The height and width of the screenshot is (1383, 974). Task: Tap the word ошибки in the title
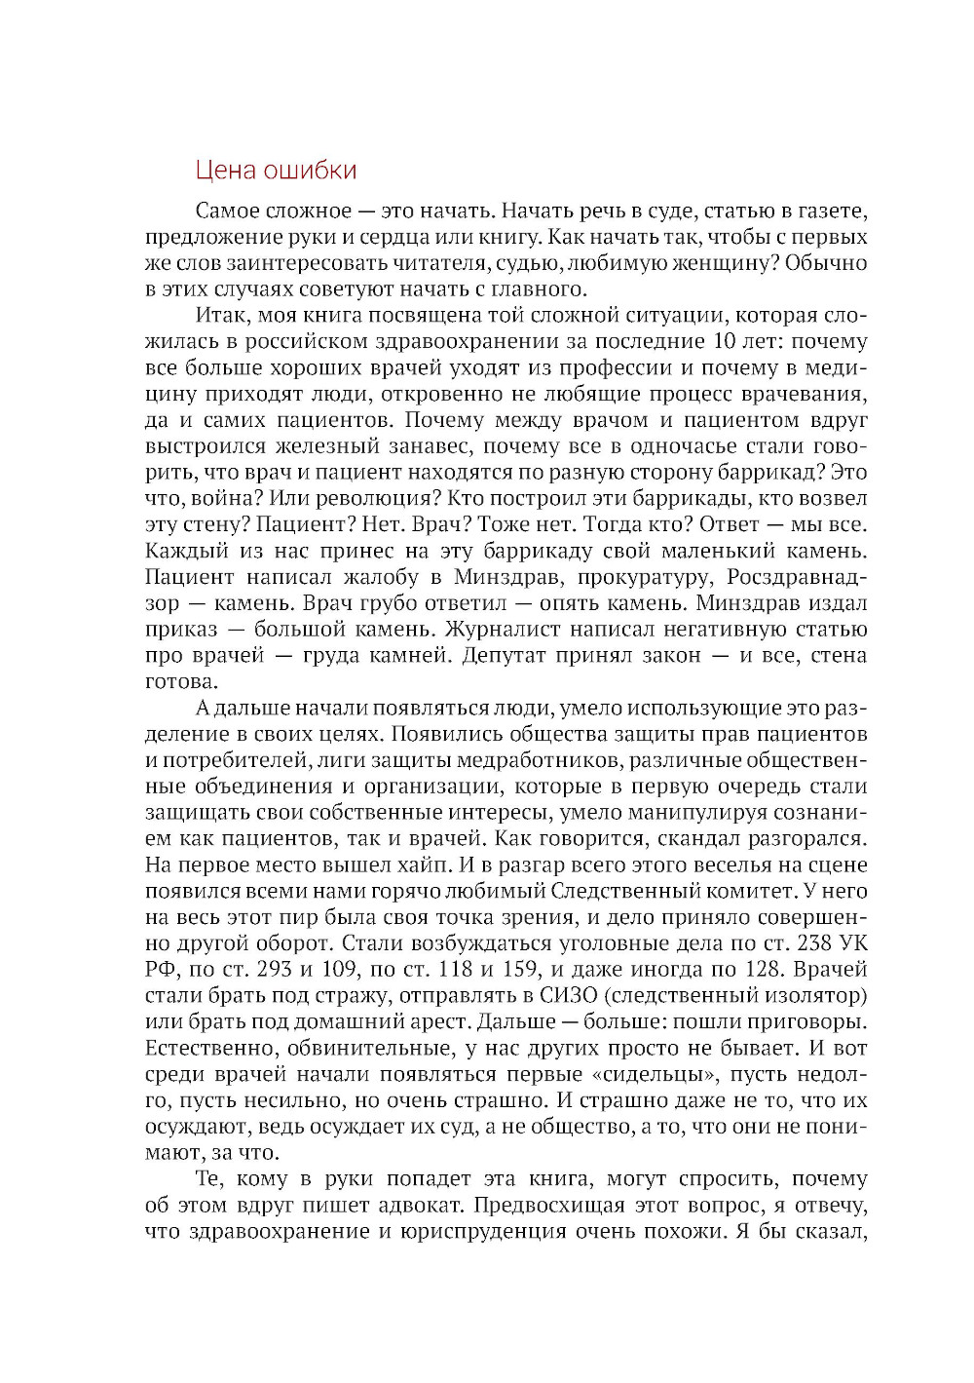click(314, 171)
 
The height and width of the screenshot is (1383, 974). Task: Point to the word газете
click(832, 211)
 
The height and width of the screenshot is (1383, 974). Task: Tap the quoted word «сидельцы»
click(650, 1075)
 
